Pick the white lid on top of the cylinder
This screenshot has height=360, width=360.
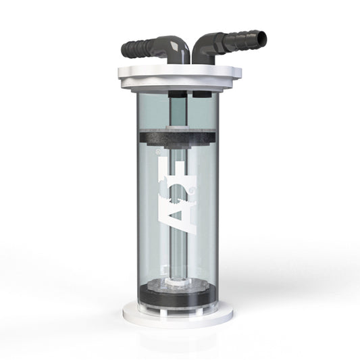click(x=180, y=77)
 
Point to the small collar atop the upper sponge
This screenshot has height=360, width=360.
click(x=180, y=126)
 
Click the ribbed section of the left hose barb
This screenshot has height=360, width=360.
click(x=138, y=48)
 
